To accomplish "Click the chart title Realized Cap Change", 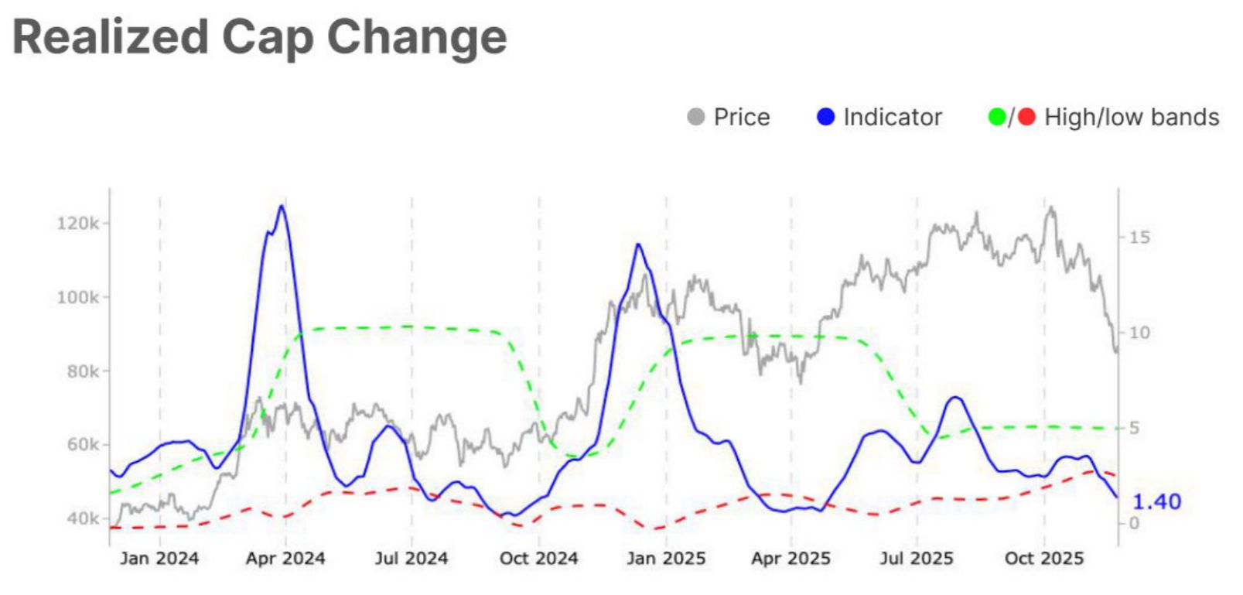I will (x=260, y=37).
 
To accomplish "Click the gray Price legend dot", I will (x=695, y=117).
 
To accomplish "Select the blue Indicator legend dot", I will (x=825, y=117).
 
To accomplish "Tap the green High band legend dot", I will (x=997, y=117).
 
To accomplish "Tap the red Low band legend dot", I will (x=1026, y=117).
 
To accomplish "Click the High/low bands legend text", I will (x=1132, y=117).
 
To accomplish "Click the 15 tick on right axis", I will (x=1139, y=238).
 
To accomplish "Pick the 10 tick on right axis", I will (x=1139, y=333).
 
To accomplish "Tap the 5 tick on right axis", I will (x=1134, y=428).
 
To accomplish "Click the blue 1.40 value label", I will (x=1156, y=501).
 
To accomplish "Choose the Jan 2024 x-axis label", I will (x=159, y=559).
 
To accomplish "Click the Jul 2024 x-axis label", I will (x=411, y=559).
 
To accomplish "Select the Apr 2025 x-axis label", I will (x=790, y=559).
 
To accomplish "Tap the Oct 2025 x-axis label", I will (x=1043, y=559).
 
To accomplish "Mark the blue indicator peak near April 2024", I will (x=281, y=206).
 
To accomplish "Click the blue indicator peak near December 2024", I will (x=638, y=244).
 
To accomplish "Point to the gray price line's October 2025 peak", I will (x=1050, y=207).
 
